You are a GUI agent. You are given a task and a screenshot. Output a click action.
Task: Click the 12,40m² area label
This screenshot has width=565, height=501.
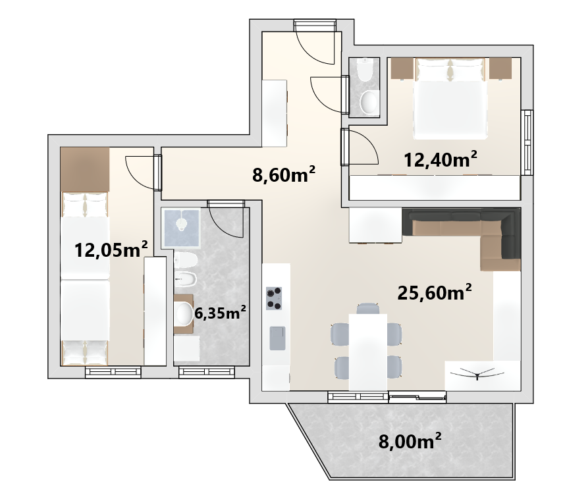(x=441, y=159)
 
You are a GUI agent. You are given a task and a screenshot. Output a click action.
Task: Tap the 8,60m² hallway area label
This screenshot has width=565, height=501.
(x=284, y=174)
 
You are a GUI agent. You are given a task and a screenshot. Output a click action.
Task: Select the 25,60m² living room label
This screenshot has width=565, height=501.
(x=434, y=292)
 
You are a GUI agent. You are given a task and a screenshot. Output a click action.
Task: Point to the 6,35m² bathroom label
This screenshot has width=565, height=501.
(x=220, y=313)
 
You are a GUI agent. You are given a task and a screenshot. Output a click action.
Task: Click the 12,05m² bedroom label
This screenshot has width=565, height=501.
(x=111, y=250)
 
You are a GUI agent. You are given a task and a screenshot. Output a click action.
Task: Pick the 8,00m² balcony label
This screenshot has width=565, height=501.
(x=410, y=441)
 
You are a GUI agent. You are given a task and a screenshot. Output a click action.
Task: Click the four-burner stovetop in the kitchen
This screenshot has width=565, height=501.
(x=274, y=298)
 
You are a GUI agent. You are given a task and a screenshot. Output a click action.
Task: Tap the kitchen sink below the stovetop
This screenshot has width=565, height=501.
(x=277, y=338)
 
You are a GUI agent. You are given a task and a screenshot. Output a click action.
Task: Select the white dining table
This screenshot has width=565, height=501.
(x=368, y=352)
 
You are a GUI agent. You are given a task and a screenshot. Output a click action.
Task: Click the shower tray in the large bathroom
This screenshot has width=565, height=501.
(x=180, y=228)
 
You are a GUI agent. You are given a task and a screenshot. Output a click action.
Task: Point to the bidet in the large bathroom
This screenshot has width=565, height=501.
(x=185, y=278)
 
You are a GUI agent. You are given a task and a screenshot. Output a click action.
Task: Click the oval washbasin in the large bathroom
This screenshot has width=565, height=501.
(x=184, y=313)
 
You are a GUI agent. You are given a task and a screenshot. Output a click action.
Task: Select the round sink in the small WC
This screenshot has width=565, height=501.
(x=369, y=102)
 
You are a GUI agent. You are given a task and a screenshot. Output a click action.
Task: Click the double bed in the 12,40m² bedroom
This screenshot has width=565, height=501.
(x=450, y=98)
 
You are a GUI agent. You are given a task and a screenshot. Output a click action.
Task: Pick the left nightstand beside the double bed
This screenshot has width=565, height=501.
(x=402, y=68)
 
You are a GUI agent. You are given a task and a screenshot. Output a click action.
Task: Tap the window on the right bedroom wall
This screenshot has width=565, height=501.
(x=527, y=143)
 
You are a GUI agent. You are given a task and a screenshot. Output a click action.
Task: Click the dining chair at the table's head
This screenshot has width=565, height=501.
(x=368, y=308)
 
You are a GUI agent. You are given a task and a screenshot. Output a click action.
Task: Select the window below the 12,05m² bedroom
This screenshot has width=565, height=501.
(x=113, y=373)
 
